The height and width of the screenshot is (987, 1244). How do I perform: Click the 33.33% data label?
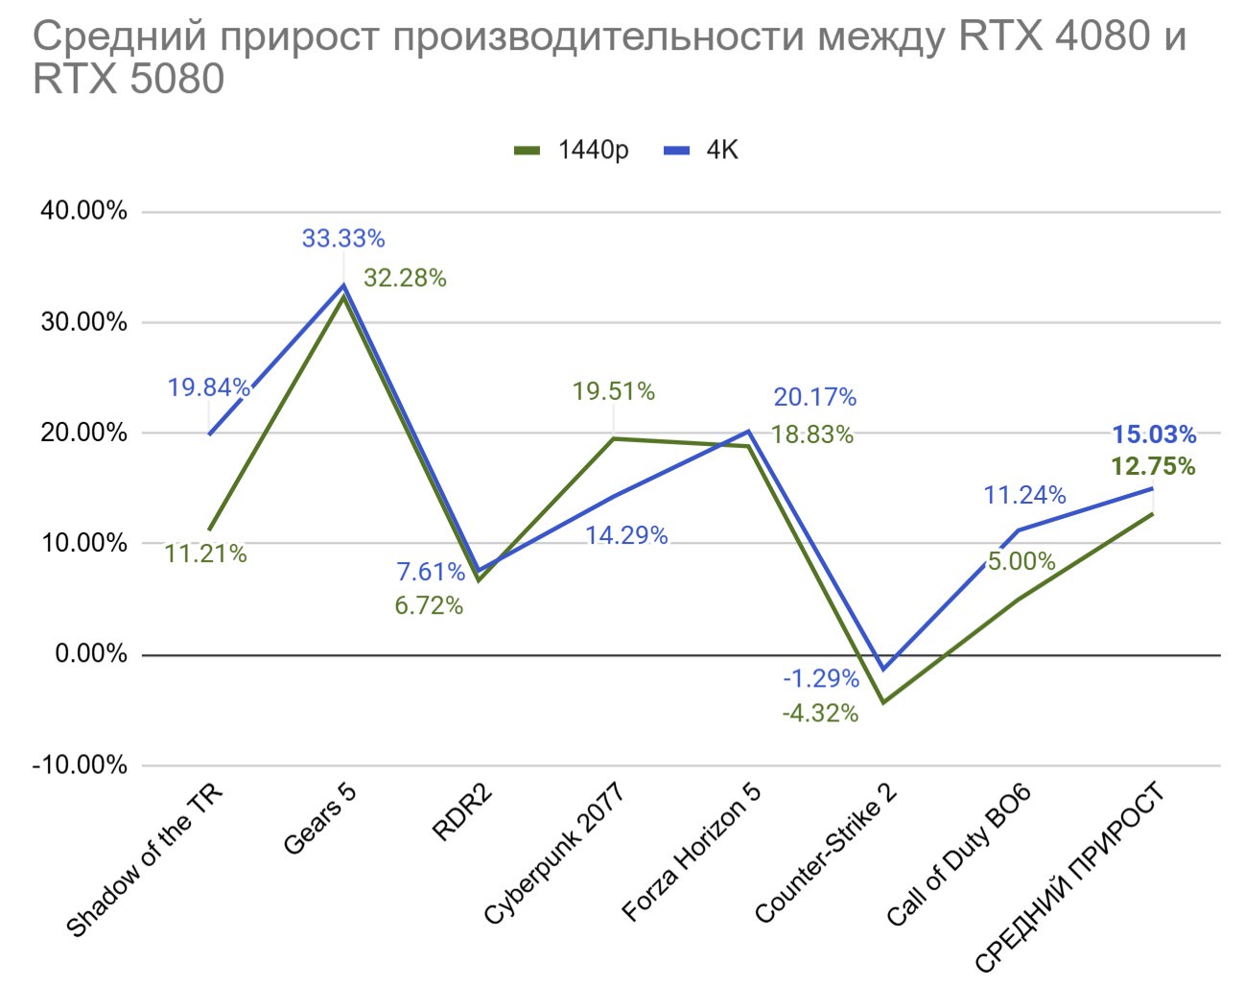[342, 238]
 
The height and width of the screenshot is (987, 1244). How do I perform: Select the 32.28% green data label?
[405, 278]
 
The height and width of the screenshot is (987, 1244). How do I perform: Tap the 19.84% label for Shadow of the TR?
[208, 388]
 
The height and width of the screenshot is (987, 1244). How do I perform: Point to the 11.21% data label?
[205, 554]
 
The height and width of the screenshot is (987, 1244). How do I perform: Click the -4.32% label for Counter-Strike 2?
[820, 714]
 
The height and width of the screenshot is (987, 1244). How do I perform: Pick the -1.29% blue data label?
[821, 679]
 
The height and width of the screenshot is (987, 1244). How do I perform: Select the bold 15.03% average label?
[1154, 435]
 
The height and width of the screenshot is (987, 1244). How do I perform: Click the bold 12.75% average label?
[1154, 467]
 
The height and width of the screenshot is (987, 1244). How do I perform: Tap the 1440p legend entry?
[573, 151]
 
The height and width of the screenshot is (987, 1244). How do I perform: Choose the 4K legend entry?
[703, 151]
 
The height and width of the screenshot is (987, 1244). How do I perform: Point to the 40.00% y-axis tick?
[83, 211]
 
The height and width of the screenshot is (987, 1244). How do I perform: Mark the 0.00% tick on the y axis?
[90, 654]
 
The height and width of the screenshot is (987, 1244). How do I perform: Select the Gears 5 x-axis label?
[319, 819]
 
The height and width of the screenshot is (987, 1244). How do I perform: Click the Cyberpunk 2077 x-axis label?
[553, 854]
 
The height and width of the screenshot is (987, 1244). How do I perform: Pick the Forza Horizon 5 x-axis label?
[691, 852]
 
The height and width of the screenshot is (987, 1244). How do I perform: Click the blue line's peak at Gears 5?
[343, 285]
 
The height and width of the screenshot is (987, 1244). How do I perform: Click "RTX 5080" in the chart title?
[129, 79]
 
